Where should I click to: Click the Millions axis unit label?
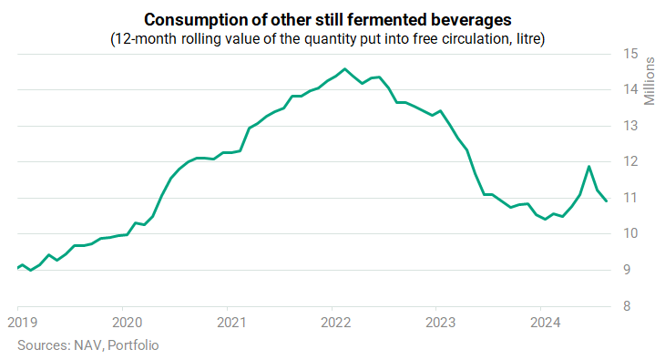[x=649, y=81]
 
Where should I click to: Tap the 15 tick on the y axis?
[x=630, y=54]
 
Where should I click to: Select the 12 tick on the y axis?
[x=630, y=161]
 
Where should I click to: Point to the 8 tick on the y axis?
[x=627, y=306]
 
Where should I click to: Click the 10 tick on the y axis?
[x=630, y=233]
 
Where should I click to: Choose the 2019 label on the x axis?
[x=23, y=323]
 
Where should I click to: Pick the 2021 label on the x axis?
[x=231, y=323]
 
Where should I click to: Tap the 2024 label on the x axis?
[x=545, y=323]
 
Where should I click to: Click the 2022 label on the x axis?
[x=336, y=323]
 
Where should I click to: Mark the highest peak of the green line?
[x=344, y=69]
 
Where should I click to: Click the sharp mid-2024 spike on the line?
[x=589, y=167]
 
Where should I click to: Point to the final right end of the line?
[x=606, y=201]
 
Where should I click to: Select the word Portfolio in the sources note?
[x=133, y=345]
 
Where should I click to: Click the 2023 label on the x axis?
[x=440, y=323]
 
